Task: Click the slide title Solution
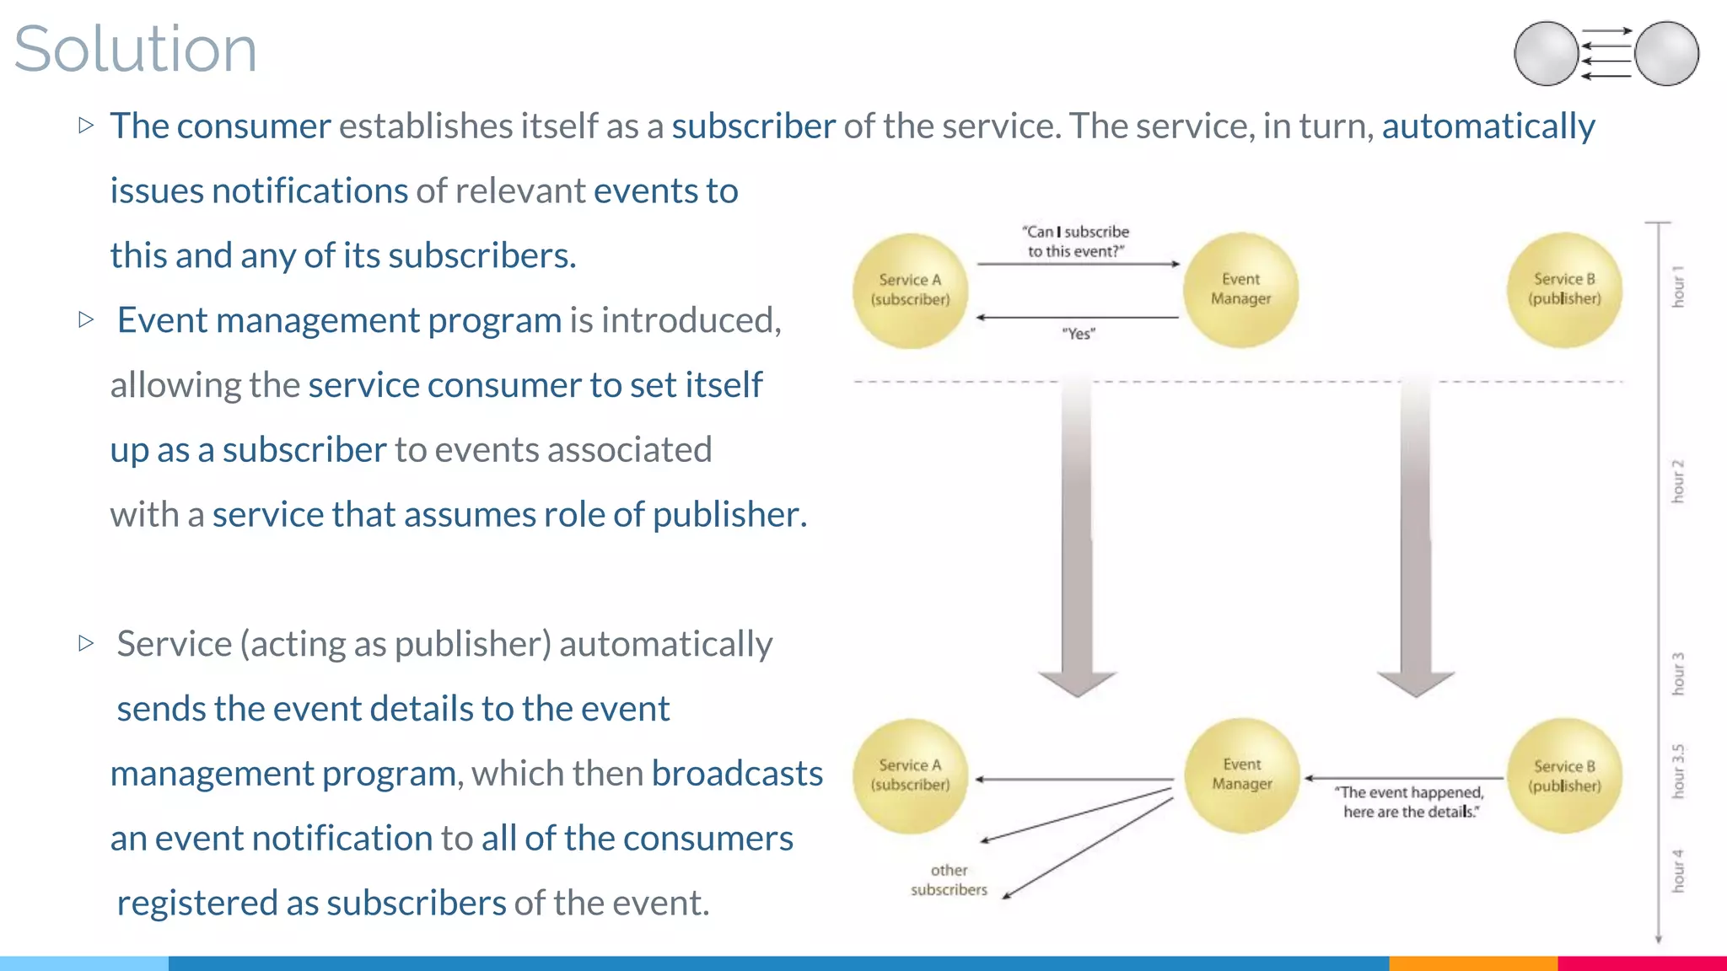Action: (135, 49)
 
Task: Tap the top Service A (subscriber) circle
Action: (910, 291)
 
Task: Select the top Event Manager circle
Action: (1240, 290)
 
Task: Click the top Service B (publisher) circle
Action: (1564, 290)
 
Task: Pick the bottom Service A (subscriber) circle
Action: (910, 775)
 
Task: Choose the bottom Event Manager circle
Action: (1241, 775)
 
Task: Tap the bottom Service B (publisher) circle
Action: (1564, 775)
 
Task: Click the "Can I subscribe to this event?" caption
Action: (1075, 241)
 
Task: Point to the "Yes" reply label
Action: (1079, 334)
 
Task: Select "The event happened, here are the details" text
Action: (1410, 802)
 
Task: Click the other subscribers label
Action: (949, 879)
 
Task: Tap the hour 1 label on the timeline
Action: (1678, 287)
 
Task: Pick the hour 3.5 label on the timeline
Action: (1678, 770)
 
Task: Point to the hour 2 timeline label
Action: (1678, 480)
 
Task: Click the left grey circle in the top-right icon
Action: (1546, 53)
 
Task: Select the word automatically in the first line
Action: (1488, 126)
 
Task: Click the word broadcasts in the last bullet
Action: (736, 773)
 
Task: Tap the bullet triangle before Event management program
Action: (85, 319)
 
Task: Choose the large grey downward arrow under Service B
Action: (1416, 539)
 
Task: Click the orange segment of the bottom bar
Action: (1472, 963)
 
